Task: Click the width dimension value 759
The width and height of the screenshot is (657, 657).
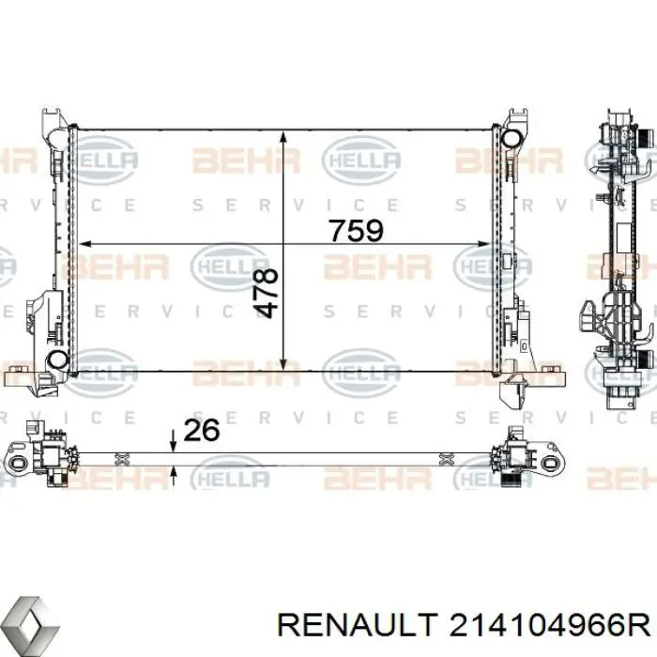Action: pos(356,231)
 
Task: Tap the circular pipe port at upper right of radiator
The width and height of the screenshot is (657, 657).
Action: pos(512,139)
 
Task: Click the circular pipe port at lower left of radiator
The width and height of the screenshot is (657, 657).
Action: pos(57,359)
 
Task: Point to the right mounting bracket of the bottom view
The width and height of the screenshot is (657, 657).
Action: pos(527,457)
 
